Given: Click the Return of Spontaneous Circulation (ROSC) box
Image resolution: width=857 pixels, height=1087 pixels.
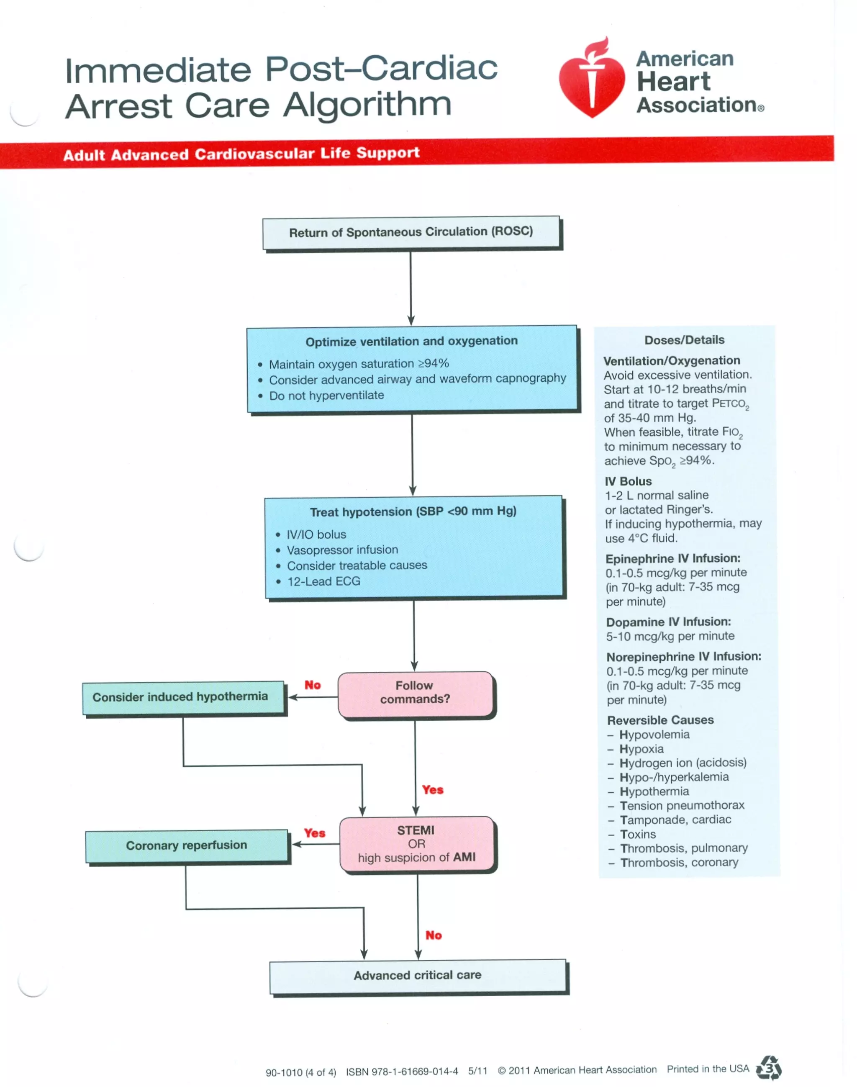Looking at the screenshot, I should click(x=411, y=232).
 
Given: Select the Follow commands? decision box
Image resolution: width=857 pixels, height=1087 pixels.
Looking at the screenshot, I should click(x=415, y=693).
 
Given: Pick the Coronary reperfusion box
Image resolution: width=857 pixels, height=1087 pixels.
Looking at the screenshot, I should click(x=187, y=845).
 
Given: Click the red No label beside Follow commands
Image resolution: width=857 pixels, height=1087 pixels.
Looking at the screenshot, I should click(x=312, y=685).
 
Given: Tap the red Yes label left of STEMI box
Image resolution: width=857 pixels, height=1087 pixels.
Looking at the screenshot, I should click(x=315, y=833).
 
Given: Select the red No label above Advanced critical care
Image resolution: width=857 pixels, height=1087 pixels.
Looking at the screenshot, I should click(x=434, y=935).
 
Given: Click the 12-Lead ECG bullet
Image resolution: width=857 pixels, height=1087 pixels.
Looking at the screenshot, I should click(x=323, y=581).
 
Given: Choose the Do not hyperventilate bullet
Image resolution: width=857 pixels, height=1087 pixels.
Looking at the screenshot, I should click(x=326, y=396).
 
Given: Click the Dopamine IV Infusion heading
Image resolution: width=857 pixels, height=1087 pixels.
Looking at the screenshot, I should click(x=668, y=622).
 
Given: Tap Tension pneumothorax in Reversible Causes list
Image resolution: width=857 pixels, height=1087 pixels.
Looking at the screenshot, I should click(x=681, y=805).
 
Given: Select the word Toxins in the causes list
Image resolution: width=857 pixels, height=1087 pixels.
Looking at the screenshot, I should click(x=638, y=834).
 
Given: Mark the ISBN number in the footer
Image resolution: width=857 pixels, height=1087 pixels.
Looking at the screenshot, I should click(x=401, y=1072).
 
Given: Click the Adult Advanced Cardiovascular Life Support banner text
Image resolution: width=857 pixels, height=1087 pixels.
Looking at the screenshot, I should click(x=241, y=154).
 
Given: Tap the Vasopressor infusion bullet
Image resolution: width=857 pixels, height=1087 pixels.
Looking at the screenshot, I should click(x=342, y=550).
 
